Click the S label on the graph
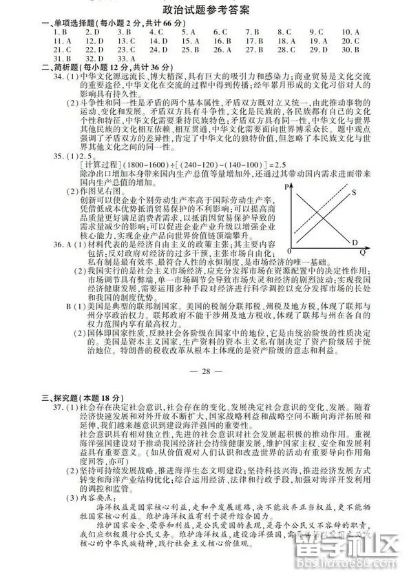coord(353,193)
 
